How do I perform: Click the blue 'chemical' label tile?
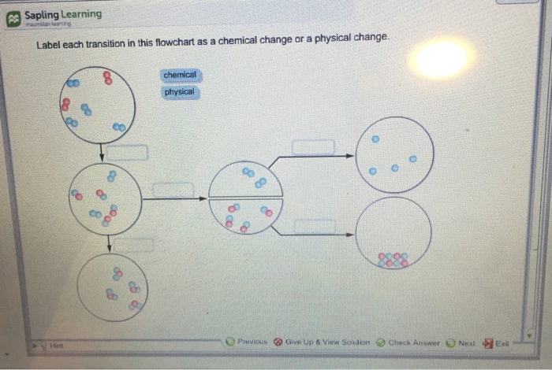[x=180, y=75]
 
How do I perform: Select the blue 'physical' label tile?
[x=180, y=92]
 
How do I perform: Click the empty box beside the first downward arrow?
[x=127, y=152]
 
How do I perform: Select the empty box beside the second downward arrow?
[x=135, y=245]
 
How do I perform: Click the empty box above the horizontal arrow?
[x=173, y=190]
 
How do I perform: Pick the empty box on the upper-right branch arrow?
[x=313, y=147]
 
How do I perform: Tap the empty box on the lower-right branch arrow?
[x=313, y=227]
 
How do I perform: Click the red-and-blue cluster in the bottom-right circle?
[x=393, y=260]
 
